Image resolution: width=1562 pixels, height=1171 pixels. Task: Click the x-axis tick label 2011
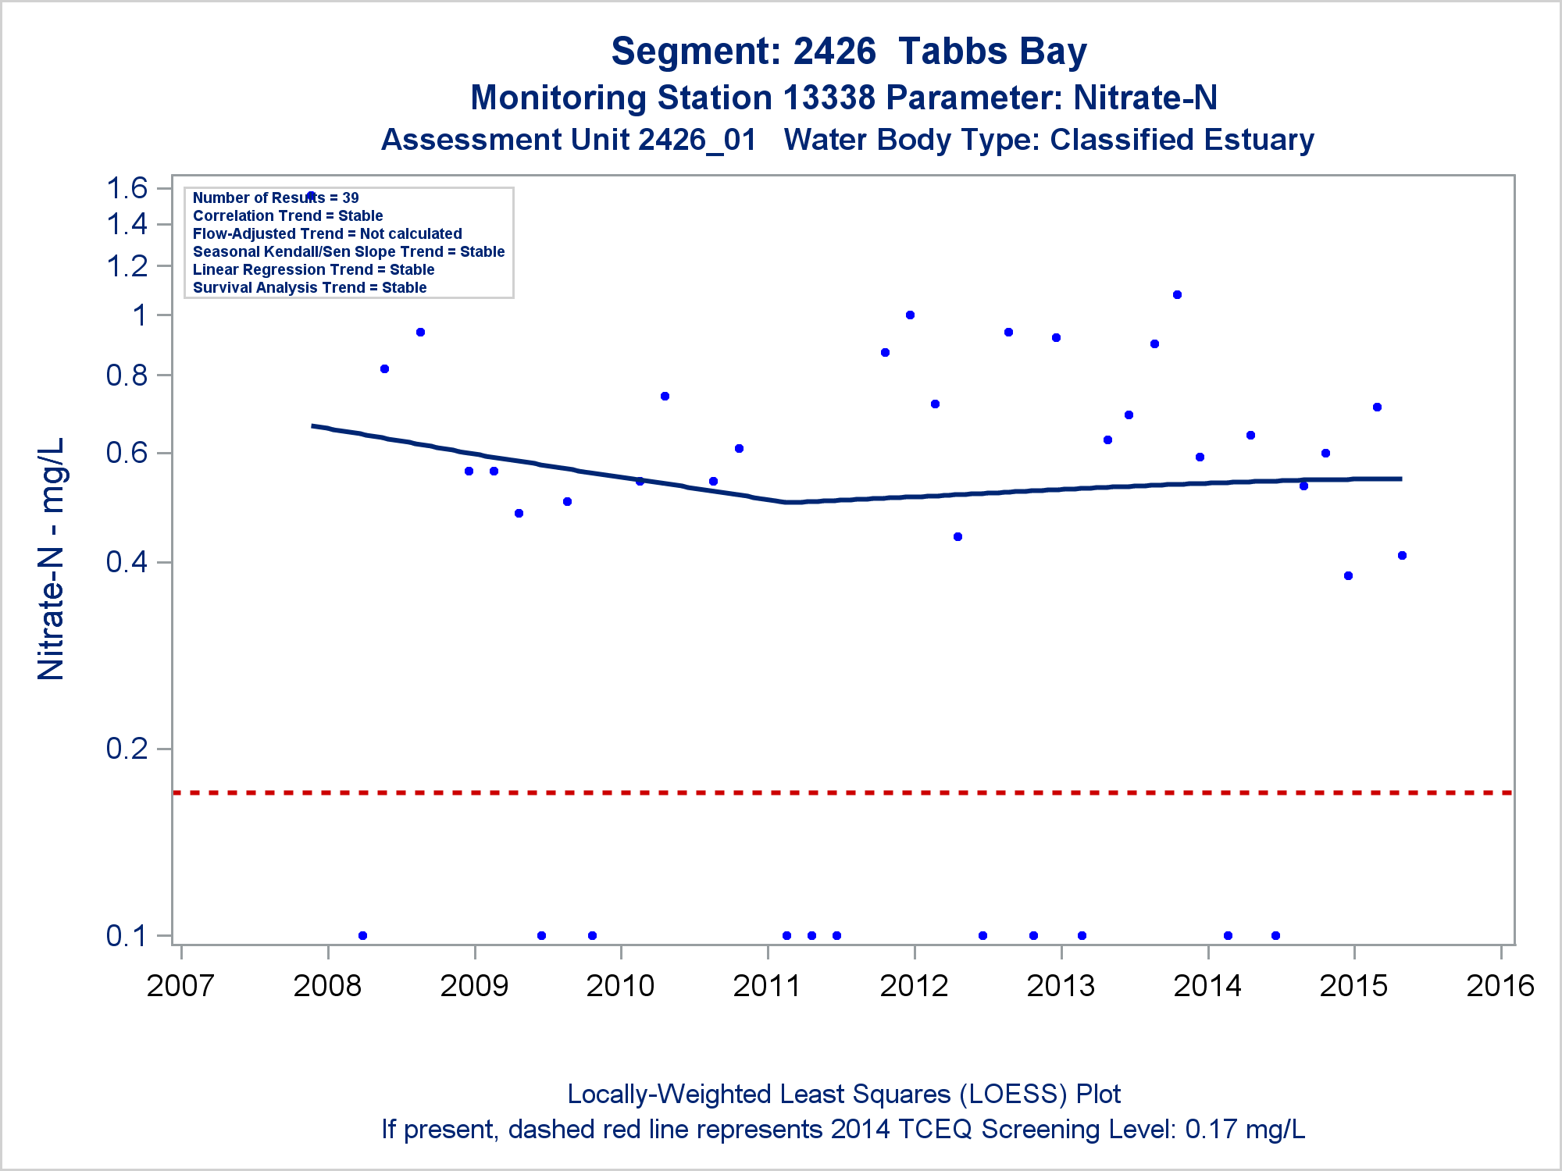767,986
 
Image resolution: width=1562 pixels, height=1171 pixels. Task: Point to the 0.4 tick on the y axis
127,562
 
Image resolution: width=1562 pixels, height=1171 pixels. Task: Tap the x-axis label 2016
1500,986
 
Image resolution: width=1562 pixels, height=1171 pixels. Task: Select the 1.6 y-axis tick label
127,188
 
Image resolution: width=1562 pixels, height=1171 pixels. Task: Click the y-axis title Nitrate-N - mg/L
52,559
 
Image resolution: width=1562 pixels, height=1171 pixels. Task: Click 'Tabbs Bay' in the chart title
992,52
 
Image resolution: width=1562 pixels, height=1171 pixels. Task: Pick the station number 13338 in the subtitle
829,98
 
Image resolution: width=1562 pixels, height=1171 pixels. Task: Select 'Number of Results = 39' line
276,198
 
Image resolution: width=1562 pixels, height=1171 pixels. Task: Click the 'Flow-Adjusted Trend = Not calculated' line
327,234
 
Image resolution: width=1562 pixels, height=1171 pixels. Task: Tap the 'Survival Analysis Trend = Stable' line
309,288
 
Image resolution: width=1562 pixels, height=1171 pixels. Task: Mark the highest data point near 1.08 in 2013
1177,295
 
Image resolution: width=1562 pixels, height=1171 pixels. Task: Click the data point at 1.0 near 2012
910,315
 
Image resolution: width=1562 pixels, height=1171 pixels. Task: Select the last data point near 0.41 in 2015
1402,556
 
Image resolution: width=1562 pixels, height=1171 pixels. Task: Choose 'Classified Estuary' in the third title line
1182,141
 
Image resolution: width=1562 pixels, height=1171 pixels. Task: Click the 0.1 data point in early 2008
362,935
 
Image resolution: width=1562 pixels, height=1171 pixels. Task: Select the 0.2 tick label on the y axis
127,749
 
